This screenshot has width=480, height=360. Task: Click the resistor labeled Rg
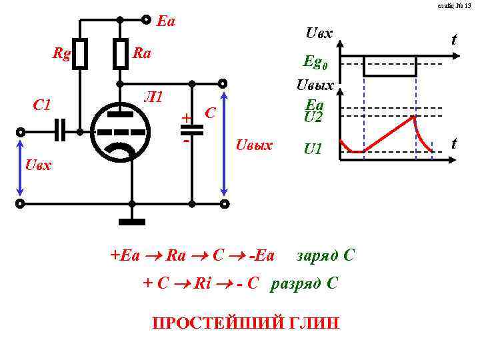tap(80, 54)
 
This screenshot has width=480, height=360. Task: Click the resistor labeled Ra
tap(120, 54)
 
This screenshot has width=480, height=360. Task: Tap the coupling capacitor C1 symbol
tap(61, 131)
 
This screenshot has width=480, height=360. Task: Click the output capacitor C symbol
tap(192, 131)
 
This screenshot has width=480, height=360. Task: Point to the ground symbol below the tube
tap(132, 221)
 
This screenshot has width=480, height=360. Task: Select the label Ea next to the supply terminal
tap(165, 21)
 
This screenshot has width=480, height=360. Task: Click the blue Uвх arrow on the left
tap(21, 172)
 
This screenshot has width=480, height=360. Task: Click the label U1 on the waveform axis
tap(313, 149)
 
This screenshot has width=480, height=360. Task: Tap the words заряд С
tap(326, 255)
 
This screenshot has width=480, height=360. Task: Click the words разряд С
tap(304, 283)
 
